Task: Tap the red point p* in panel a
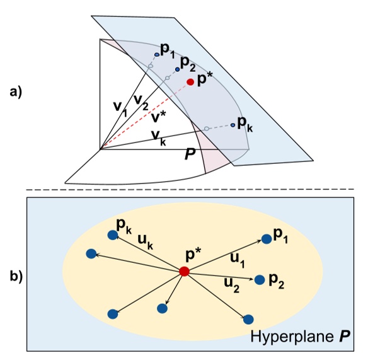(x=190, y=82)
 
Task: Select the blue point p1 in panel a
(x=157, y=55)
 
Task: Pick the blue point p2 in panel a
(x=177, y=69)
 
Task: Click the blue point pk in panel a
(x=233, y=125)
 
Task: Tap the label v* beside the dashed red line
(x=159, y=117)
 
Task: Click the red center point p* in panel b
(x=184, y=271)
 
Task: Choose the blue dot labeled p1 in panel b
(x=267, y=238)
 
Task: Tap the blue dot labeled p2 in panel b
(x=260, y=279)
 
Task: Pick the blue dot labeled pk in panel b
(x=113, y=235)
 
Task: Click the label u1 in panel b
(x=235, y=257)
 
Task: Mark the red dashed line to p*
(x=145, y=115)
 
